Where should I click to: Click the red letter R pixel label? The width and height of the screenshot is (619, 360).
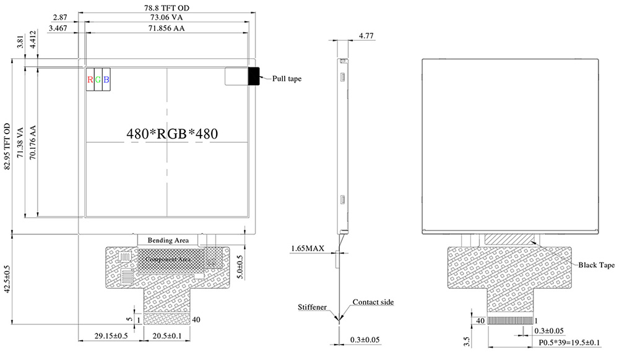(x=90, y=79)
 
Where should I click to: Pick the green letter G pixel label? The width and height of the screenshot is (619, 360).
(x=98, y=79)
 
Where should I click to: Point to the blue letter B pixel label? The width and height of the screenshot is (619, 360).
(x=106, y=79)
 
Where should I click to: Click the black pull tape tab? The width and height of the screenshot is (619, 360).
(x=254, y=77)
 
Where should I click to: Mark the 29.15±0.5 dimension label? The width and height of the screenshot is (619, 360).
(x=111, y=336)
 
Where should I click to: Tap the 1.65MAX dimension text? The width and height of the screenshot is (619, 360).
(x=308, y=249)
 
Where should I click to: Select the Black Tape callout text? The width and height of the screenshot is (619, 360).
(x=596, y=265)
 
